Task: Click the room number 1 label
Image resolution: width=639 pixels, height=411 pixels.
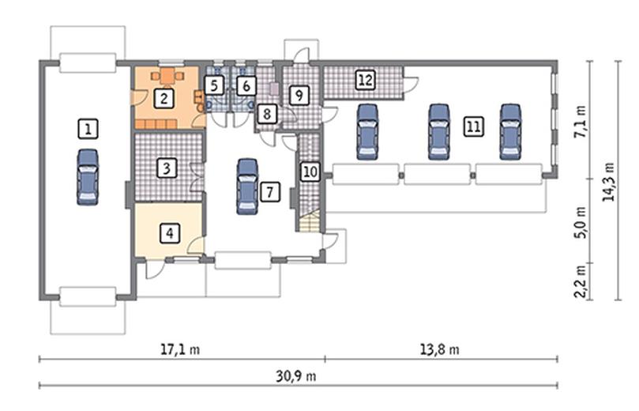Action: click(88, 129)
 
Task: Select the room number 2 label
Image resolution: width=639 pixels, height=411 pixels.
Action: click(164, 98)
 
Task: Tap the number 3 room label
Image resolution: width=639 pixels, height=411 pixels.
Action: click(167, 168)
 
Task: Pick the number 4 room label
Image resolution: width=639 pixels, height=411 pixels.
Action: click(170, 233)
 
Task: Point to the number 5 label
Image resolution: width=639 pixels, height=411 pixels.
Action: click(214, 85)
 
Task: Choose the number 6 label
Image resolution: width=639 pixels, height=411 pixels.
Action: click(246, 85)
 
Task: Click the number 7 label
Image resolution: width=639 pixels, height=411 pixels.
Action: click(269, 191)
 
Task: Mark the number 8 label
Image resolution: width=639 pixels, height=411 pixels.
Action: click(267, 113)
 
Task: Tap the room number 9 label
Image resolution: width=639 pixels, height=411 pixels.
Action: click(299, 96)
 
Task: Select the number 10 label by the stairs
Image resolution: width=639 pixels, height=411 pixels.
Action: click(310, 172)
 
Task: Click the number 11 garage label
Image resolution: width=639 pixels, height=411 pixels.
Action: click(474, 126)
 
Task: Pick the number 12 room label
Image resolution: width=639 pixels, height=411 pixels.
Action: click(365, 80)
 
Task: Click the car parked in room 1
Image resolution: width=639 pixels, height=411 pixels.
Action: click(88, 176)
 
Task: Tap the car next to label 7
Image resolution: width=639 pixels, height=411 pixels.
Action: click(247, 187)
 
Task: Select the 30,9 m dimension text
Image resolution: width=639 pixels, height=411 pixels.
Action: click(296, 375)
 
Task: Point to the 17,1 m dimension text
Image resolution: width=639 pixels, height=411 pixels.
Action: click(180, 349)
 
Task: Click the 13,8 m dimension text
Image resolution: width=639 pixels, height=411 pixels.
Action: click(439, 349)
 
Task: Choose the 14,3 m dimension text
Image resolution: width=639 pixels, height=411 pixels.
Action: click(609, 182)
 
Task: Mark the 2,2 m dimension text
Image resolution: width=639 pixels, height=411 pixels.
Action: click(580, 281)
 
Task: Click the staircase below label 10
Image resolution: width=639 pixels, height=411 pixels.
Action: click(310, 221)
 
